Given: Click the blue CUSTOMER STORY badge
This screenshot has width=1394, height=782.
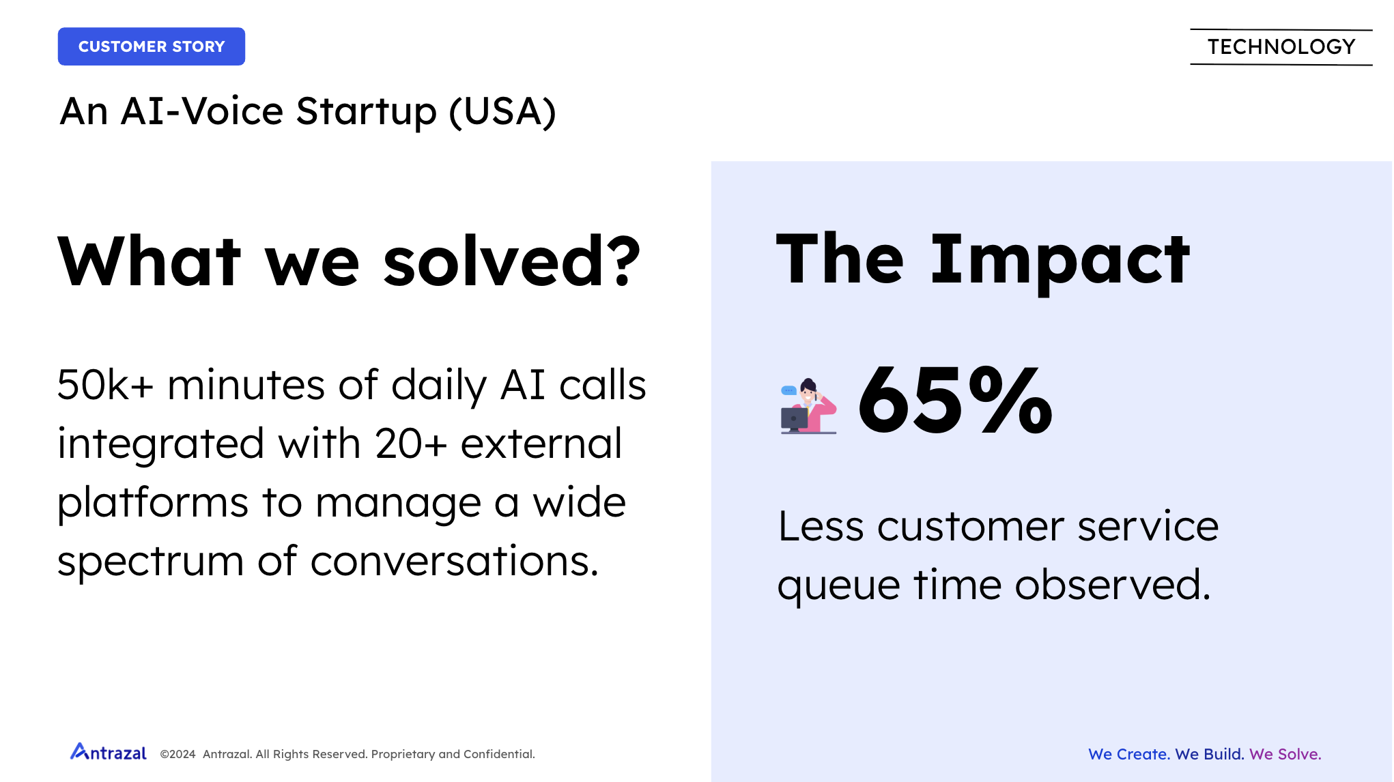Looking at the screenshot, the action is pyautogui.click(x=152, y=46).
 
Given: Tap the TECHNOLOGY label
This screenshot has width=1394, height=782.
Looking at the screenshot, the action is pyautogui.click(x=1281, y=47).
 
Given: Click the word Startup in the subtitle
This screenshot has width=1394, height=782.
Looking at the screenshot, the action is pyautogui.click(x=367, y=113).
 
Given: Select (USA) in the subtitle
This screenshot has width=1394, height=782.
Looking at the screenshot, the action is pyautogui.click(x=502, y=112).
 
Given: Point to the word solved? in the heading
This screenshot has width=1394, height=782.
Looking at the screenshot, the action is pyautogui.click(x=512, y=261).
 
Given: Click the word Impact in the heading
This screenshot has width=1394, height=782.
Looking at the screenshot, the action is pyautogui.click(x=1060, y=261).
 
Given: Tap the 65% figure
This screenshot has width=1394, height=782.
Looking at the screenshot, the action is pyautogui.click(x=955, y=400).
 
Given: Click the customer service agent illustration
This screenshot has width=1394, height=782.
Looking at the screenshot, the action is pyautogui.click(x=808, y=406).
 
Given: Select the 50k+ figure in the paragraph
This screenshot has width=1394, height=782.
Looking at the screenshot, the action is pyautogui.click(x=105, y=385).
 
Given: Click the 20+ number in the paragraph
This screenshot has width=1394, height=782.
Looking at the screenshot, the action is pyautogui.click(x=410, y=444).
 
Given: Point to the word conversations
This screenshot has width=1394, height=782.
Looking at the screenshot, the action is pyautogui.click(x=454, y=562).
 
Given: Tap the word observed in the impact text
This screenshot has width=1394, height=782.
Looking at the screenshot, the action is pyautogui.click(x=1113, y=585).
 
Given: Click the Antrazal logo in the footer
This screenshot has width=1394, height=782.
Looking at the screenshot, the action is pyautogui.click(x=109, y=752).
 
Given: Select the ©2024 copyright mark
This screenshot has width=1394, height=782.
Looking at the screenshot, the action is pyautogui.click(x=177, y=754).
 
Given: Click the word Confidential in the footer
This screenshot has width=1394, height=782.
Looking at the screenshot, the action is pyautogui.click(x=499, y=754).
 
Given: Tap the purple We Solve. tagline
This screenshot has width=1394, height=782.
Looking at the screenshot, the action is pyautogui.click(x=1285, y=754).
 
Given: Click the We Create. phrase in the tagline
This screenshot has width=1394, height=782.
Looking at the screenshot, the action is pyautogui.click(x=1129, y=754).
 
